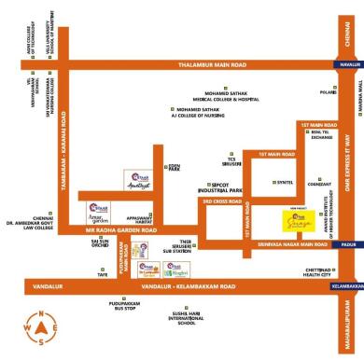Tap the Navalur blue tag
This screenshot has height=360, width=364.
click(x=349, y=64)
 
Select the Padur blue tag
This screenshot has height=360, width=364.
click(x=349, y=244)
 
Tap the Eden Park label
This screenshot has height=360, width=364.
click(x=173, y=169)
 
